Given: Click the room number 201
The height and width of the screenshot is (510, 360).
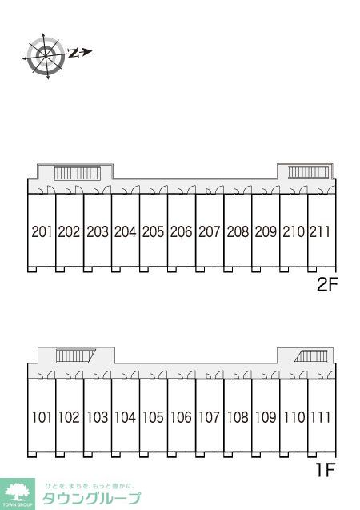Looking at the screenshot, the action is [42, 232].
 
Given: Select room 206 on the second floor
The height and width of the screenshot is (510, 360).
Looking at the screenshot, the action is [182, 232].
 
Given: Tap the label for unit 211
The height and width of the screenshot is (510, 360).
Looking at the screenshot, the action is [320, 232].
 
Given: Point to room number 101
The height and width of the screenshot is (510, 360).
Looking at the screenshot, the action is [42, 417].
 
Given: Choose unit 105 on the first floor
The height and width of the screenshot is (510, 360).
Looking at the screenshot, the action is [154, 417].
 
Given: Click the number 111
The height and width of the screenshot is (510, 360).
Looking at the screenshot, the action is [320, 417].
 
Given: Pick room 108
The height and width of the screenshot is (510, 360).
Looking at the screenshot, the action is [238, 417].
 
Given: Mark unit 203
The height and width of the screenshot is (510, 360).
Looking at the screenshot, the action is [98, 232].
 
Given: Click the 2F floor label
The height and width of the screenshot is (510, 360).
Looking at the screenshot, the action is [327, 285].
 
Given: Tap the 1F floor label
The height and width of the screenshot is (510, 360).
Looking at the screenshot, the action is [326, 470].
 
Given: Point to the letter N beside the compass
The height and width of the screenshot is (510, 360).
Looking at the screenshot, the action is [74, 53].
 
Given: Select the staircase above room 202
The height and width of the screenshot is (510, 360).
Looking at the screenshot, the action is [78, 173].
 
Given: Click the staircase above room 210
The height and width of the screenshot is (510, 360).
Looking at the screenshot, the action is [309, 171].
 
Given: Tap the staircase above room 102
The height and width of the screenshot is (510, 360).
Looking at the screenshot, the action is [76, 355].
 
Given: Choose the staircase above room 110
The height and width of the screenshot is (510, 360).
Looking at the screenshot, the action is [311, 356].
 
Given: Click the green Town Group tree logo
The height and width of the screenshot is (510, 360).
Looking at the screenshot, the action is [18, 493].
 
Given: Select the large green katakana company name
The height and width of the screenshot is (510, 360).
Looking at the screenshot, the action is [92, 498].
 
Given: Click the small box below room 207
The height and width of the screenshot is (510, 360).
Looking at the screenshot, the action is [200, 269].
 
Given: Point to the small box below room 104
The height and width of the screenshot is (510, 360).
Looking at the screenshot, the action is [116, 455].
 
